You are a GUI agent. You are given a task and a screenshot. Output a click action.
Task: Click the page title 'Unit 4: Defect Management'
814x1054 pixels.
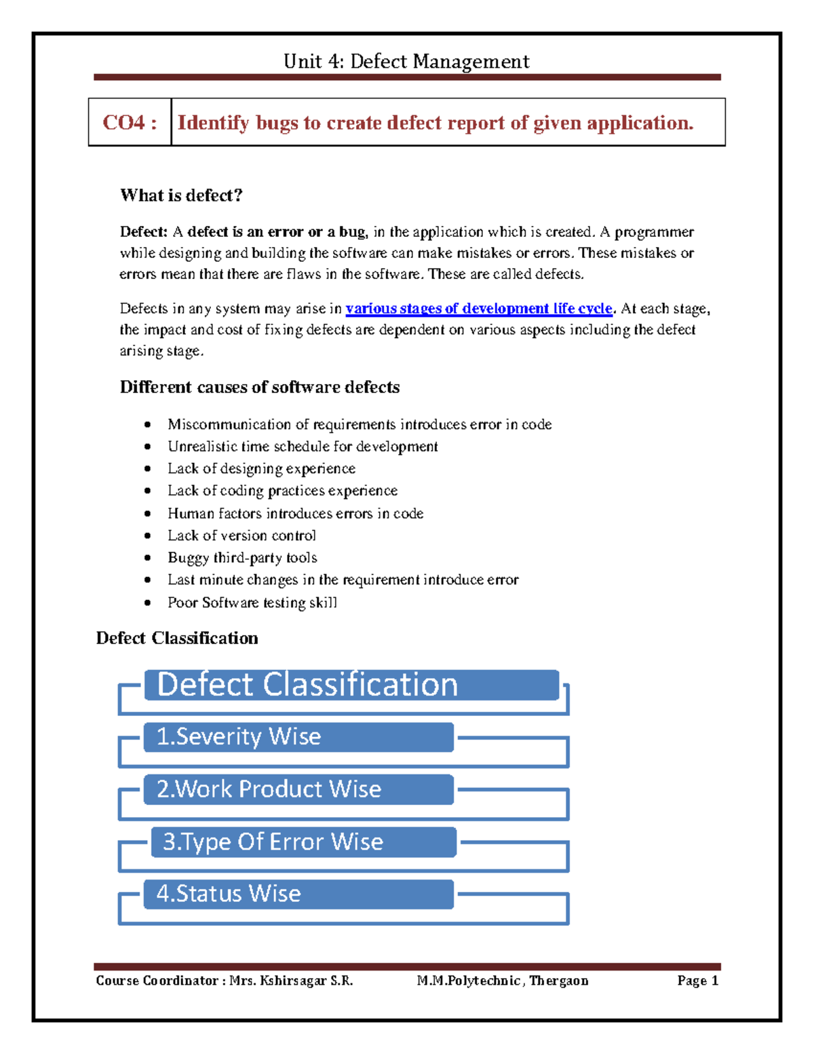(x=406, y=62)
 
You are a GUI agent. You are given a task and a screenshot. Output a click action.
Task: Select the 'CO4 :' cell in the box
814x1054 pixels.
(x=130, y=123)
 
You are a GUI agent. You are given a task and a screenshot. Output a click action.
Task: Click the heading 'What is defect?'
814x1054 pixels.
(x=181, y=195)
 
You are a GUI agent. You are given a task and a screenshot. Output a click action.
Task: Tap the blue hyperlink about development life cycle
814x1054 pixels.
(x=479, y=309)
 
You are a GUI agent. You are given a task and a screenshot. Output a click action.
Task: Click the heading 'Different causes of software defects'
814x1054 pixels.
(x=260, y=388)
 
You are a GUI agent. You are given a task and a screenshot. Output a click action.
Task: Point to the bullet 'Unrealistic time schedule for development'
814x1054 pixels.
(x=303, y=447)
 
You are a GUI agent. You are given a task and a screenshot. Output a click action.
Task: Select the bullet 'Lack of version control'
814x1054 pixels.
(x=241, y=535)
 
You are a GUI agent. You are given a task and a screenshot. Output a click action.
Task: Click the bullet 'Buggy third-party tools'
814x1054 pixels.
(x=242, y=558)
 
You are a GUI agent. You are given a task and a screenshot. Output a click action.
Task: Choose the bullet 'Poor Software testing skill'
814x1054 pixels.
(x=252, y=603)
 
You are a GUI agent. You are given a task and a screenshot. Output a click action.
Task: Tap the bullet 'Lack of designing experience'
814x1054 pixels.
(x=261, y=469)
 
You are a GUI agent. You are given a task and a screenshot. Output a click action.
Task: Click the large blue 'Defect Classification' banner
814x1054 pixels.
(x=351, y=685)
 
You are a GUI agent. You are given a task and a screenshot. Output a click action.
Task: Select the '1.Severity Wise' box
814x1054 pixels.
(x=298, y=737)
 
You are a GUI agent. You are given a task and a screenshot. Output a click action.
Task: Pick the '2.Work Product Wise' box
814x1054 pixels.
(x=298, y=789)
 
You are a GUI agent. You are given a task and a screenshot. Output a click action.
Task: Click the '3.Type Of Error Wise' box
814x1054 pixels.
(x=303, y=842)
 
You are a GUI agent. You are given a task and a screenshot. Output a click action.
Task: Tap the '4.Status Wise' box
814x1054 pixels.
(x=298, y=894)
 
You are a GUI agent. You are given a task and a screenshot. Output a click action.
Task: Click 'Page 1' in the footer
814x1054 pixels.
(x=697, y=981)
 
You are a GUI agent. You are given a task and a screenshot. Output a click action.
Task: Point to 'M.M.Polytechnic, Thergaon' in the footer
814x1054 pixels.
(x=503, y=981)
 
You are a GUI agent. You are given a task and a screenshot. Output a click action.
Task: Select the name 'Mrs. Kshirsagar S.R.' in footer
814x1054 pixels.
(x=291, y=981)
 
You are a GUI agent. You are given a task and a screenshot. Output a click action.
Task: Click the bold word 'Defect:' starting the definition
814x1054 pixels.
(x=143, y=232)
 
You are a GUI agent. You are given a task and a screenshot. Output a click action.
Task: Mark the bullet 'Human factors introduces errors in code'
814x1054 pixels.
(x=295, y=514)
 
